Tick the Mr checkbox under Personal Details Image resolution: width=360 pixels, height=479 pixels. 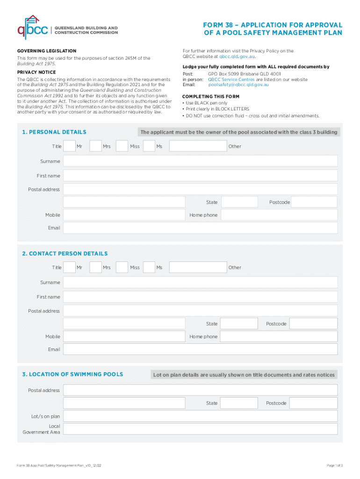tap(69, 146)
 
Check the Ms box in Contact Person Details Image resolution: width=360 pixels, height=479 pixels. tap(149, 268)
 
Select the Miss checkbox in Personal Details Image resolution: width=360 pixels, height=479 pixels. tap(122, 146)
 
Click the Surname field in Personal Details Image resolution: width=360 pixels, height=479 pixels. tap(200, 161)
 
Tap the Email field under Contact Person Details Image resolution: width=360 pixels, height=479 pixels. tap(200, 349)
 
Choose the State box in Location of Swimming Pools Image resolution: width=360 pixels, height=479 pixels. tap(238, 403)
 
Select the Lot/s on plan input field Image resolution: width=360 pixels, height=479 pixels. tap(200, 416)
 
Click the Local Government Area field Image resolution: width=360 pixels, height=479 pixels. tap(200, 429)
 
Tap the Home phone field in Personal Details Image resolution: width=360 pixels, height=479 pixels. tap(279, 215)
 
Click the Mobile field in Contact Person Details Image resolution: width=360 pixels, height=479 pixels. tap(124, 336)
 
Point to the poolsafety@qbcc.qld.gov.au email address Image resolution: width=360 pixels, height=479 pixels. tap(238, 85)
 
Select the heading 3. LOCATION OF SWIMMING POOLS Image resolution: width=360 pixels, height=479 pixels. tap(72, 374)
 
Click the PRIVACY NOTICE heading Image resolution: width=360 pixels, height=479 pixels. tap(36, 72)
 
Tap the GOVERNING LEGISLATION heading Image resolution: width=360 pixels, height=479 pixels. tap(47, 51)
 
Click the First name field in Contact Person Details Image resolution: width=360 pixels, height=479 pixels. tap(200, 297)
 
